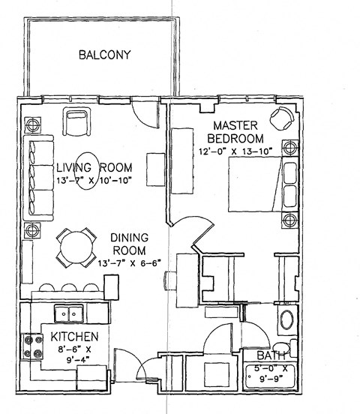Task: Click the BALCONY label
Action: click(105, 55)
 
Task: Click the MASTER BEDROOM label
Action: click(235, 131)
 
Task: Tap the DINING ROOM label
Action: click(128, 242)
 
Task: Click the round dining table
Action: click(76, 246)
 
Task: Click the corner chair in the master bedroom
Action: click(283, 118)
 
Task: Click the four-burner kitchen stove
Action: click(34, 346)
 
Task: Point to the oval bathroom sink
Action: click(286, 320)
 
